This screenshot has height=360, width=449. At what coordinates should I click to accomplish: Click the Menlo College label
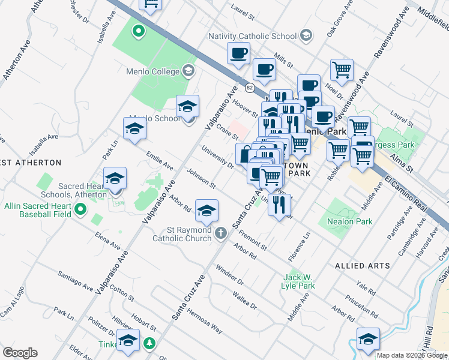[x=152, y=71]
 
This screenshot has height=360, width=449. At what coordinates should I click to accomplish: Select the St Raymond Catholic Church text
[x=189, y=234]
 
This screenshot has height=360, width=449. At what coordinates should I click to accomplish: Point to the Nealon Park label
[x=350, y=221]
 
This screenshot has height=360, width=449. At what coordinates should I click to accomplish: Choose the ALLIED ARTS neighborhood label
[x=362, y=265]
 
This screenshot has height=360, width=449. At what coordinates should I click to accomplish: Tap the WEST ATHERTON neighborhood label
[x=30, y=163]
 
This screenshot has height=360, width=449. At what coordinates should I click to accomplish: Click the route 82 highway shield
[x=249, y=88]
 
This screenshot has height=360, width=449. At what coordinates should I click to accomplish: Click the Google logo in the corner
[x=20, y=353]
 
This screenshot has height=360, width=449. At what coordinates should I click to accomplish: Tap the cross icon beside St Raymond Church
[x=221, y=233]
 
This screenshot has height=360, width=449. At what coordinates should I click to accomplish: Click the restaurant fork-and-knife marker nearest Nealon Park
[x=279, y=205]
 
